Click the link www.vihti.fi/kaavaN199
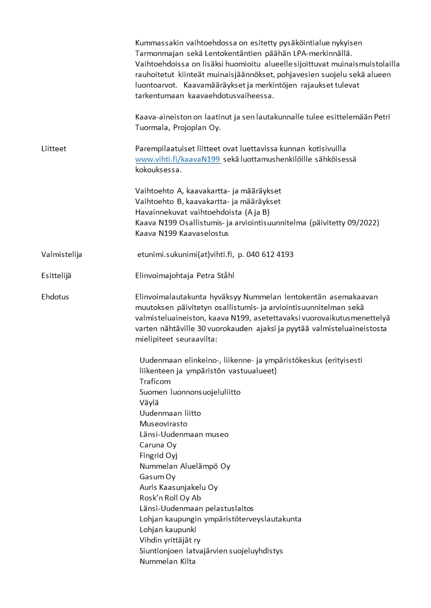point(178,159)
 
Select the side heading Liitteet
point(54,148)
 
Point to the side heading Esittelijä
point(56,275)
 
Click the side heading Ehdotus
point(55,296)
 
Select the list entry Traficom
point(155,381)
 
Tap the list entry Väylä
point(148,402)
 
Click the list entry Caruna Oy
point(158,444)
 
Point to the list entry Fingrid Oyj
point(159,455)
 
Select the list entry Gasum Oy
point(157,476)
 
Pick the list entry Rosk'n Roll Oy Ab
point(170,497)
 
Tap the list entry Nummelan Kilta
point(167,561)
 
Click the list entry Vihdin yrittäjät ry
point(171,540)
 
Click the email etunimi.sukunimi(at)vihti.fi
point(185,254)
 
